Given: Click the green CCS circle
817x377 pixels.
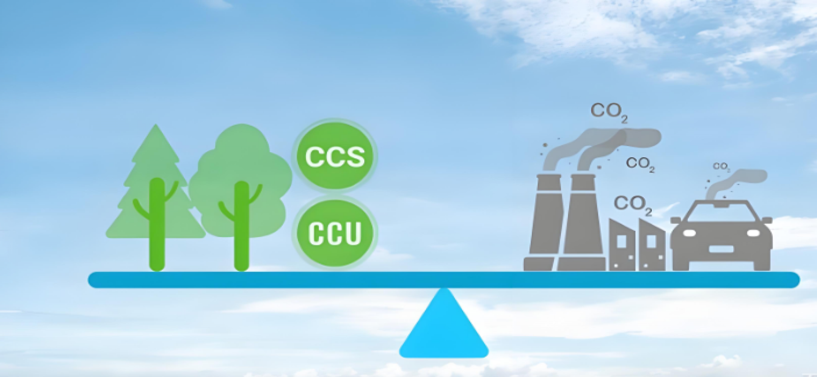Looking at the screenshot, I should tap(335, 155).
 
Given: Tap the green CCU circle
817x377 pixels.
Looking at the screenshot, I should tap(335, 233).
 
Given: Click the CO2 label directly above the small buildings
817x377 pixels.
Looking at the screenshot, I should tap(632, 204).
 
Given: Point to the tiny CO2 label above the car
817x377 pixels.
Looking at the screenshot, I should tap(721, 166).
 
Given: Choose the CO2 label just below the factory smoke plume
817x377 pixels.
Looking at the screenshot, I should tap(640, 164).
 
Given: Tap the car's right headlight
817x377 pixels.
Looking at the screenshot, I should tap(752, 233).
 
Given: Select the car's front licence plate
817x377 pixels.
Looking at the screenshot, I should tap(721, 248).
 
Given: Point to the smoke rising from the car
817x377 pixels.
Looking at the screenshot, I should tap(735, 180).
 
